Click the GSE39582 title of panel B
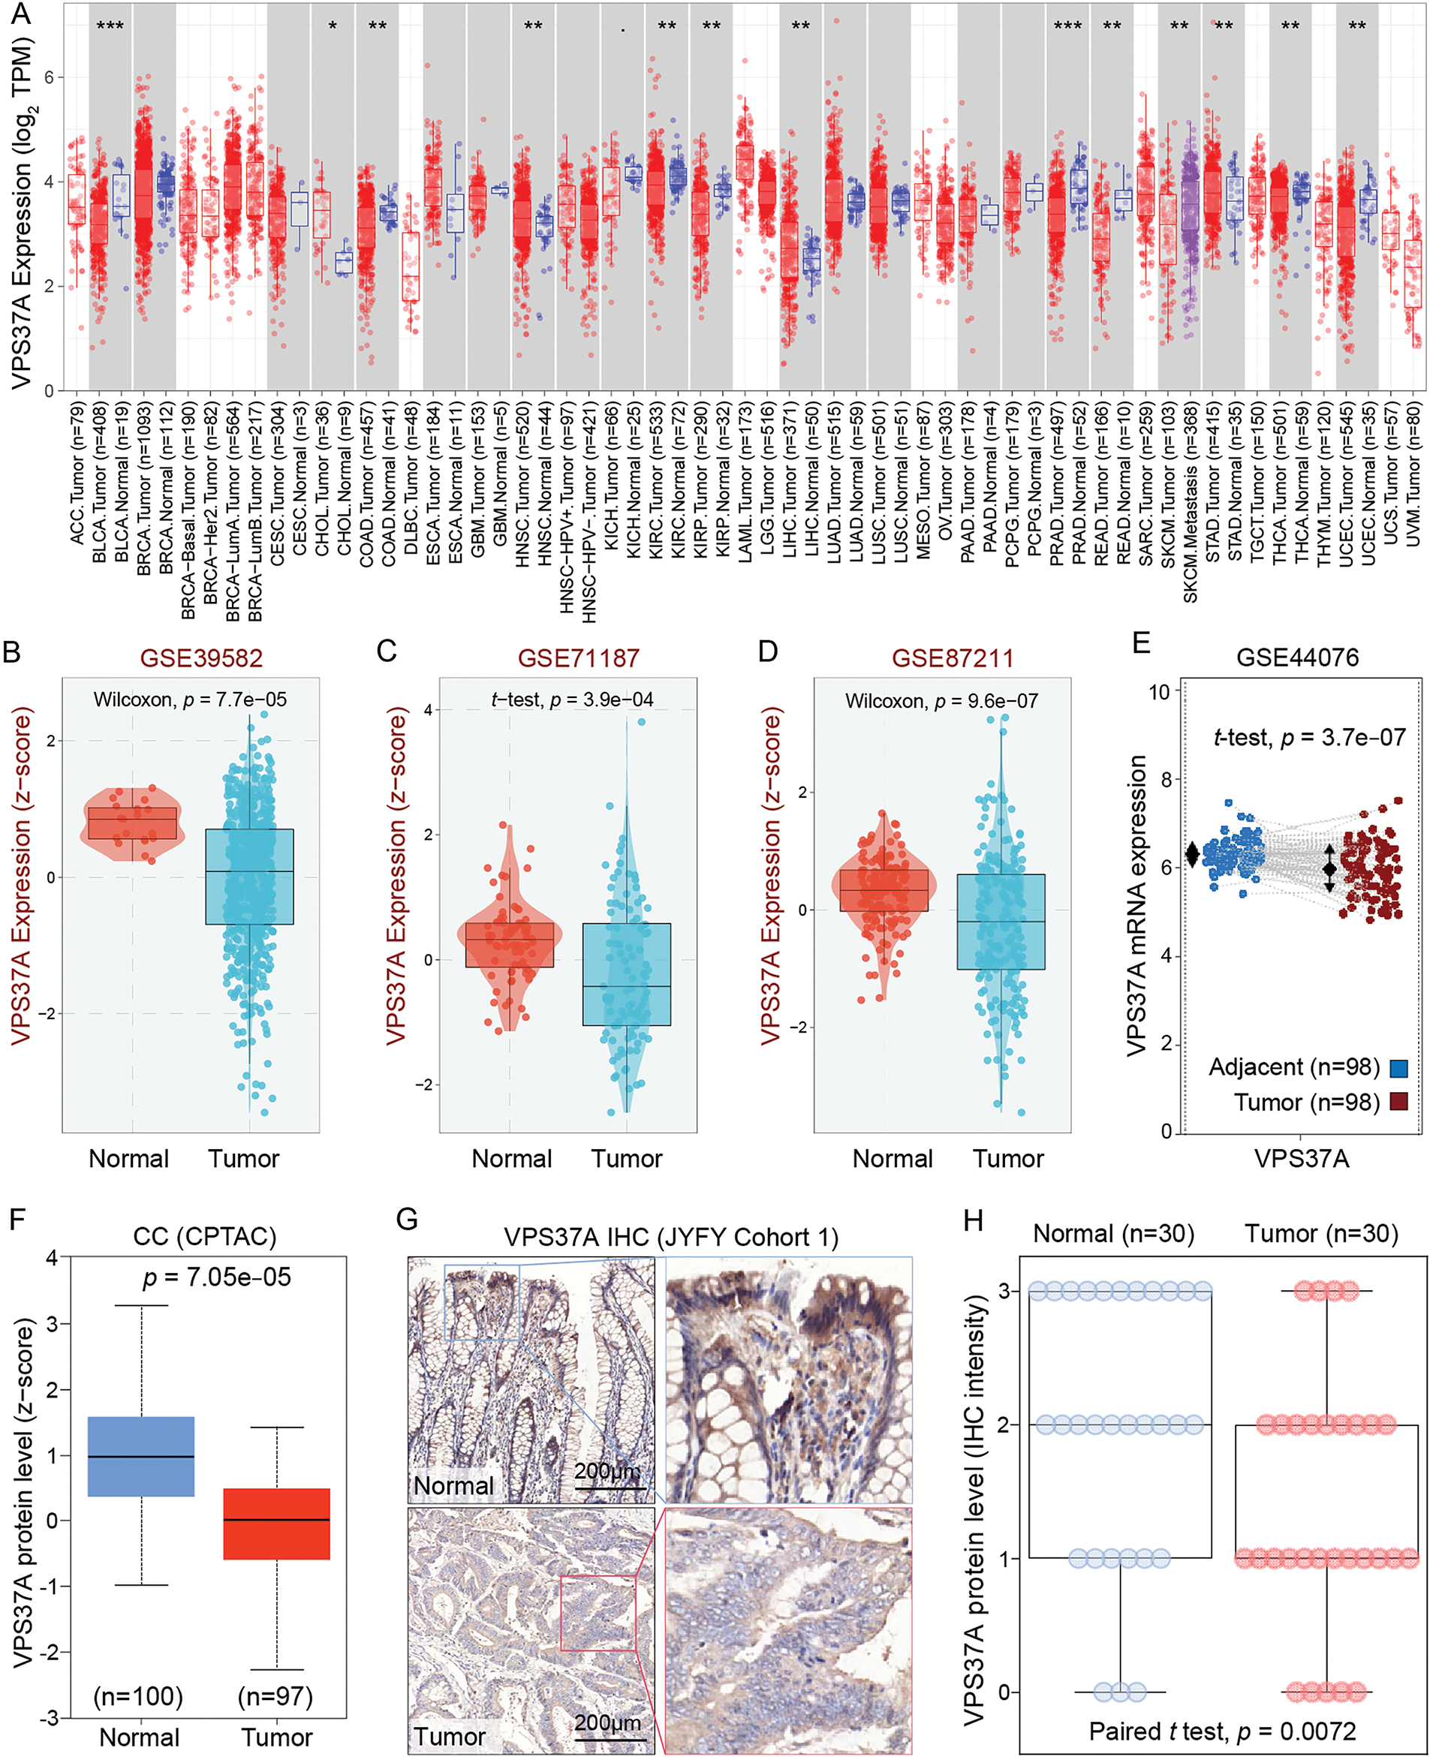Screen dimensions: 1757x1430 coord(201,657)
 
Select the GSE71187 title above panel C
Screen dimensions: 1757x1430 coord(578,657)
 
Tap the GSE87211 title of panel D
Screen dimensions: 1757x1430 coord(953,657)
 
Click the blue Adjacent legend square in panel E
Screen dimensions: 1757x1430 coord(1398,1068)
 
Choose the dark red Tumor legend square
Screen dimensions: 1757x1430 coord(1398,1102)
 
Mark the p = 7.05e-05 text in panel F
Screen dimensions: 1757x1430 coord(217,1277)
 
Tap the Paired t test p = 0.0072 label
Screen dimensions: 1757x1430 coord(1222,1731)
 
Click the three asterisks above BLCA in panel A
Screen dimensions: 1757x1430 coord(110,26)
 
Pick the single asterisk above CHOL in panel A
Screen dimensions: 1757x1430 coord(333,27)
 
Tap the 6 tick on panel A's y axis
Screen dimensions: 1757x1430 coord(49,77)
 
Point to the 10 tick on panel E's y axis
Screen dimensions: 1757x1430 coord(1159,692)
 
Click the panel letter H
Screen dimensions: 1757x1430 coord(973,1220)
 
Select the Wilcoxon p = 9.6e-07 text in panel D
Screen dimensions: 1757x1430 coord(941,701)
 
